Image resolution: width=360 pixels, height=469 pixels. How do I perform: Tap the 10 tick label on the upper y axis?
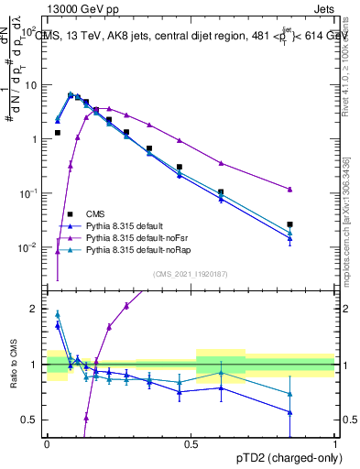coord(30,85)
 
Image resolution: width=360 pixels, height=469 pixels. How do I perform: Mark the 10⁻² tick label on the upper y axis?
coord(28,248)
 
